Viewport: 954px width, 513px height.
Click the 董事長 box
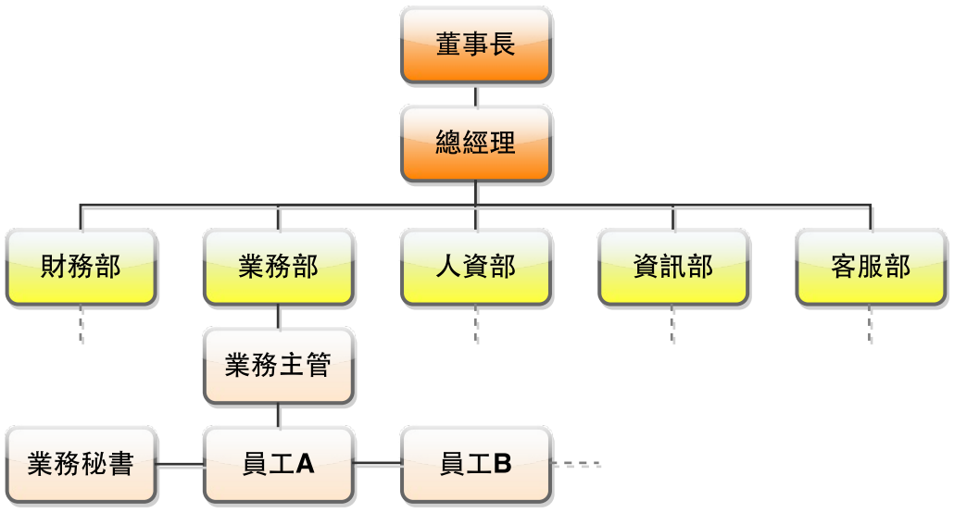476,45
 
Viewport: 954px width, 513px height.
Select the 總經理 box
476,143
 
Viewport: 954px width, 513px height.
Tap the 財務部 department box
82,267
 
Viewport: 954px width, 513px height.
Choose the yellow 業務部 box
279,267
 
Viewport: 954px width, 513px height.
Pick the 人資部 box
476,267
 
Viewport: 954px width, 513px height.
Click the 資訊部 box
673,267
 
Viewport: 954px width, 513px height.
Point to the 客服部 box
871,267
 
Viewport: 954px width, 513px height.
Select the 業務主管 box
279,365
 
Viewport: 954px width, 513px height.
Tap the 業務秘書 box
82,463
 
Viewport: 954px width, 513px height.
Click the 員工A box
279,463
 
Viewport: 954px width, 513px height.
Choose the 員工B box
476,463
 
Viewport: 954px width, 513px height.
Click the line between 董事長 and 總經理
476,94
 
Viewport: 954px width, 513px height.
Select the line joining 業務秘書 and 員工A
180,463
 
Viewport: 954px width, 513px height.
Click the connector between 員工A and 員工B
377,463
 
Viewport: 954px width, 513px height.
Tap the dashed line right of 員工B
576,463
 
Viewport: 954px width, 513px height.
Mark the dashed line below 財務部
82,326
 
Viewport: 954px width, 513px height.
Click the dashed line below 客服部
871,326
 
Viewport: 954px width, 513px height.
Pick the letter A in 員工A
305,464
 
